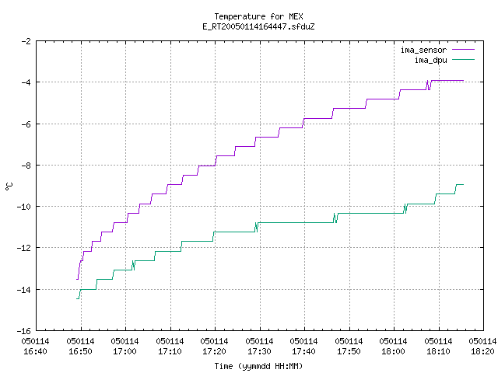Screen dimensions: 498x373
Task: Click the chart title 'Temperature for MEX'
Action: click(258, 16)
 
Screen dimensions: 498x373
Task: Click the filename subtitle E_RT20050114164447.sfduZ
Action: click(258, 26)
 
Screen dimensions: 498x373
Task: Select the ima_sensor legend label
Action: click(423, 50)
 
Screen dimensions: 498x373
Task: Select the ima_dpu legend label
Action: click(430, 60)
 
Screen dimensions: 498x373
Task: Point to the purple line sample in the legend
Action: click(463, 50)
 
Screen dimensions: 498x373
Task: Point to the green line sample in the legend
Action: click(463, 60)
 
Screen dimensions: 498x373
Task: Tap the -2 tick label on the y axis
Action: click(26, 41)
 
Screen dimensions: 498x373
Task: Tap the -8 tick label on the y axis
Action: click(26, 166)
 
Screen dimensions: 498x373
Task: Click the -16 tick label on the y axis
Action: click(24, 331)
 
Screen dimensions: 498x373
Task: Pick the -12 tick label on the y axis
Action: click(24, 248)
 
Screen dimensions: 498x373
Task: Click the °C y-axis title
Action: click(9, 186)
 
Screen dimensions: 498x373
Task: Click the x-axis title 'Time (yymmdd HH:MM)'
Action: click(258, 366)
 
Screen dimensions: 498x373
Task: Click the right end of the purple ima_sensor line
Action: click(464, 81)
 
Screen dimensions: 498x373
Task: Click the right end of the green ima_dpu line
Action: click(464, 185)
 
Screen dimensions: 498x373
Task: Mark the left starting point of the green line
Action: click(76, 298)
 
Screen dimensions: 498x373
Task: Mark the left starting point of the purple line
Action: click(76, 280)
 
